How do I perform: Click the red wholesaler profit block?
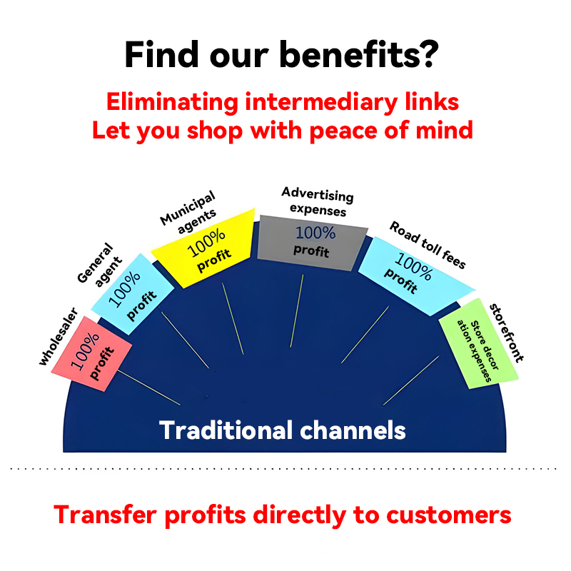(91, 354)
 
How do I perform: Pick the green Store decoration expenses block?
(478, 344)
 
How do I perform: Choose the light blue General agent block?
(133, 294)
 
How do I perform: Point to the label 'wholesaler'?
(59, 336)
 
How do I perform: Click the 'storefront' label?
(506, 333)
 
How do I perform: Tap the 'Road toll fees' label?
(428, 245)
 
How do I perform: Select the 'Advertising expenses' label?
(318, 202)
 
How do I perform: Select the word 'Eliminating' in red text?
(173, 102)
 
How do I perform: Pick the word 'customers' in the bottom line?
(449, 515)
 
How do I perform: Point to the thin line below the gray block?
(297, 310)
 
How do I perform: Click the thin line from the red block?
(149, 388)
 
